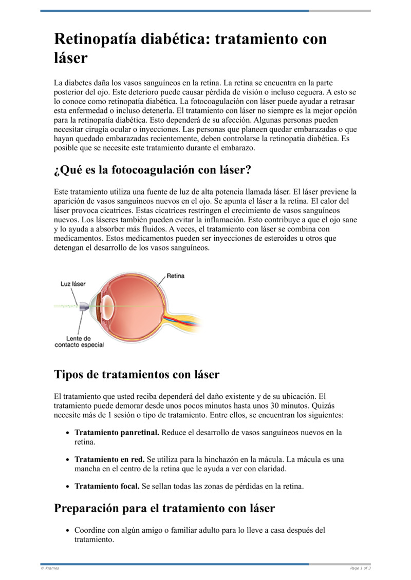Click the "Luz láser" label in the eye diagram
tap(73, 284)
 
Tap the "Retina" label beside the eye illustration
tap(175, 276)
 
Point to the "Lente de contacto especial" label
tap(79, 342)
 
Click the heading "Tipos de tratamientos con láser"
tap(137, 374)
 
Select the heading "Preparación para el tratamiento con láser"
tap(164, 508)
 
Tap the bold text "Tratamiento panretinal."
tap(117, 433)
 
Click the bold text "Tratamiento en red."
tap(109, 459)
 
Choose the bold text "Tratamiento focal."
tap(107, 486)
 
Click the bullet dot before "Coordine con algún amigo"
tap(68, 531)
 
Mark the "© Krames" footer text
tap(50, 568)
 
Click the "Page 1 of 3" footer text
tap(360, 568)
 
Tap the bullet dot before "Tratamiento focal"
tap(68, 486)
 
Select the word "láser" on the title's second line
tap(71, 58)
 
